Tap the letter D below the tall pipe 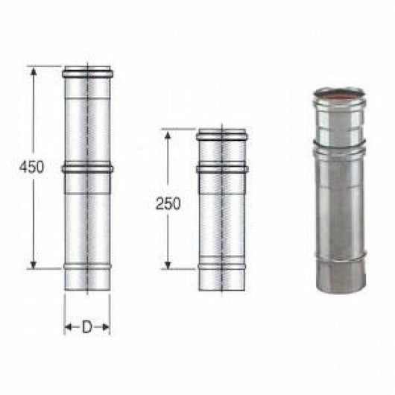point(87,327)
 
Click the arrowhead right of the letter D point(106,327)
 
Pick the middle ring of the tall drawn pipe point(87,168)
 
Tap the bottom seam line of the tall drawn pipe point(87,265)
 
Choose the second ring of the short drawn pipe point(221,169)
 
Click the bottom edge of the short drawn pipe point(221,291)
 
